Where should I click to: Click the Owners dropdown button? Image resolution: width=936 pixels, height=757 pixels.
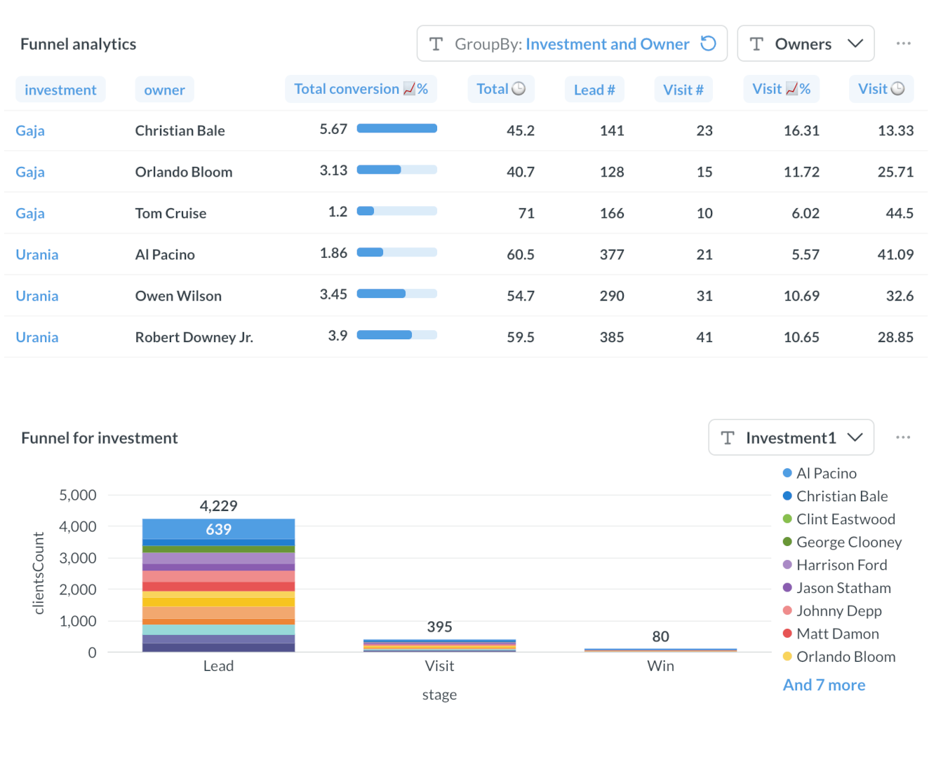click(x=805, y=44)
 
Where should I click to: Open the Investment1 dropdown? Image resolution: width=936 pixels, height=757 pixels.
click(x=791, y=438)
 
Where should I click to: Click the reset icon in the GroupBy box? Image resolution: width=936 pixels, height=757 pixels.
click(x=709, y=43)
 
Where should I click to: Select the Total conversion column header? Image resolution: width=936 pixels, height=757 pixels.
click(x=361, y=89)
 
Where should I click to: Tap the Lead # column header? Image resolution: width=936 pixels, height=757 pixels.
click(x=594, y=90)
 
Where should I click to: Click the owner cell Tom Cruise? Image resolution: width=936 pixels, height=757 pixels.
click(x=171, y=213)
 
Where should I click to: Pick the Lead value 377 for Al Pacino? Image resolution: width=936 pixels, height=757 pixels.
click(x=611, y=254)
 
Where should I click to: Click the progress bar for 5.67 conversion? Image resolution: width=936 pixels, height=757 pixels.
click(x=396, y=128)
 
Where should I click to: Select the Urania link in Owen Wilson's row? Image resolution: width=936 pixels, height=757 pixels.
click(x=37, y=296)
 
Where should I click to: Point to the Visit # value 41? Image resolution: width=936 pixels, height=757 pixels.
click(x=704, y=337)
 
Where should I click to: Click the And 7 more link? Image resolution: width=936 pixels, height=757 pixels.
click(x=824, y=685)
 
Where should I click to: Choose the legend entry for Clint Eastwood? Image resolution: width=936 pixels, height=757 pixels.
click(x=845, y=519)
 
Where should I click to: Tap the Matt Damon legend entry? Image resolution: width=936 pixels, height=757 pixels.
click(x=837, y=634)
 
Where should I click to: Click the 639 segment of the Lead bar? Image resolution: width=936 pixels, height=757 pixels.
click(x=218, y=529)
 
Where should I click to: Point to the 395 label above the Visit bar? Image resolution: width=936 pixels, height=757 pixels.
click(x=439, y=627)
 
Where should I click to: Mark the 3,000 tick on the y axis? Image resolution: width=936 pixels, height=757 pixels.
click(x=78, y=558)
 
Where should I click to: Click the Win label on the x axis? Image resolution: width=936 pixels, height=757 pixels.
click(x=660, y=666)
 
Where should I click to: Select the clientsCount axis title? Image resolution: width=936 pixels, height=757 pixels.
click(x=39, y=573)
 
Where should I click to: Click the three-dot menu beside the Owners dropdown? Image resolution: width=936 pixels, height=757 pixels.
click(x=903, y=43)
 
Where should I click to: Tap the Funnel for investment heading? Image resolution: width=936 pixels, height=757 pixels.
click(x=100, y=438)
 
